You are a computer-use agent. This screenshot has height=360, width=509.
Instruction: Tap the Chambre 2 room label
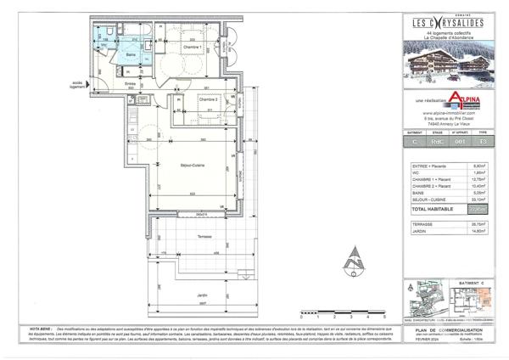208,100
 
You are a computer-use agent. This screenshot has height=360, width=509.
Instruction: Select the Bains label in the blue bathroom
131,54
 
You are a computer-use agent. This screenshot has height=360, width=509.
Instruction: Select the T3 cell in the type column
484,143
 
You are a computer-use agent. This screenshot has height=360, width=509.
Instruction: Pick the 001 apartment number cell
460,143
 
